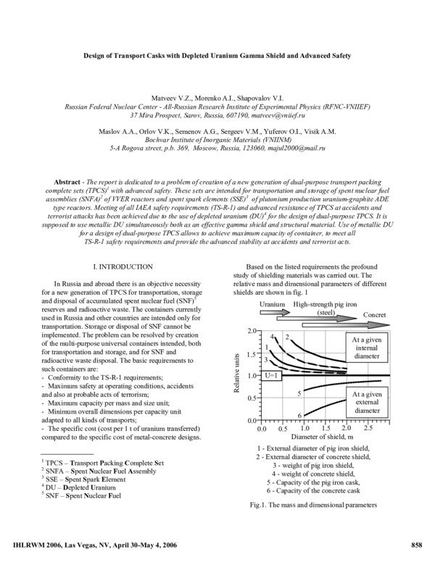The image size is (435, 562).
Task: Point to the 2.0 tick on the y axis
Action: (252, 330)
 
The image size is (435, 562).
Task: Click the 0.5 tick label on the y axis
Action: (252, 398)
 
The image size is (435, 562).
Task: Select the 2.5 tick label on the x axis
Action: (368, 429)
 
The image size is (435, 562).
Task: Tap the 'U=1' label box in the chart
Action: (270, 376)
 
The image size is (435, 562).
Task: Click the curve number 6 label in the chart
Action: (279, 414)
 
